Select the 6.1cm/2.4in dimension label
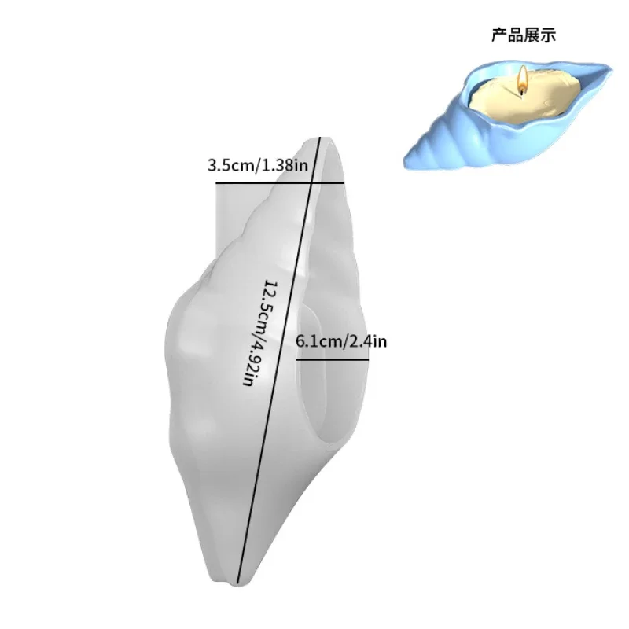(x=341, y=342)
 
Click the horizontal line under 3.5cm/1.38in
(x=279, y=183)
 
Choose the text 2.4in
(x=370, y=342)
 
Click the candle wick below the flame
(x=522, y=90)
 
